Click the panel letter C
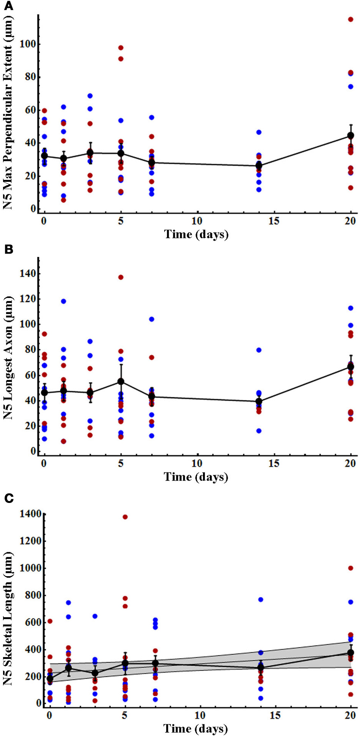click(x=8, y=498)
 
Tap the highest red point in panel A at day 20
click(x=351, y=19)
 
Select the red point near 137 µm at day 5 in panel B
click(x=121, y=277)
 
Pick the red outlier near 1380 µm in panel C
click(x=125, y=517)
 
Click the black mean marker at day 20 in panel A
click(x=351, y=136)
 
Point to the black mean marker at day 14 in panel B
click(x=259, y=401)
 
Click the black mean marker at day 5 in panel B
click(x=121, y=381)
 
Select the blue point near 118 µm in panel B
click(x=63, y=301)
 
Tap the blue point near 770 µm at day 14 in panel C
click(x=261, y=599)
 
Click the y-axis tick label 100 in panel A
click(x=28, y=44)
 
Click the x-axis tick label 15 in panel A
click(x=274, y=221)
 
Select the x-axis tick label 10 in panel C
click(x=200, y=716)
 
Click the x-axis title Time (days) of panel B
click(x=196, y=476)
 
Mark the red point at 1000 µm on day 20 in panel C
click(x=351, y=568)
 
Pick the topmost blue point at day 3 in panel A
click(x=90, y=96)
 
